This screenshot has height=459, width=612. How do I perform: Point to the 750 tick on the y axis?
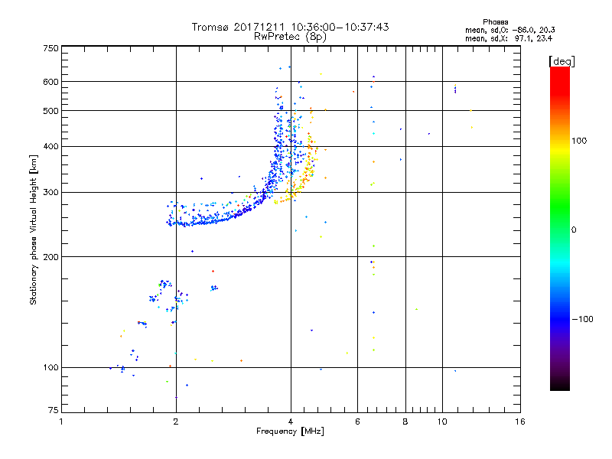tap(50, 48)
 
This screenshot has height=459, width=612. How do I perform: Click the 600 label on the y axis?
tap(50, 82)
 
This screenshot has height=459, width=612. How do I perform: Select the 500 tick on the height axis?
tap(50, 111)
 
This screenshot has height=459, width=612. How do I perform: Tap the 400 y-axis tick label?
tap(50, 147)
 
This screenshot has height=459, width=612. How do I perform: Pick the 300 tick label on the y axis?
tap(50, 192)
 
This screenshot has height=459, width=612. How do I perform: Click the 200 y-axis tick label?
tap(50, 256)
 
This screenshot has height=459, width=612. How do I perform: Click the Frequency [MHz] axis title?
tap(290, 431)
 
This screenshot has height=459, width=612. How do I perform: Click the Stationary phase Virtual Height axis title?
tap(34, 229)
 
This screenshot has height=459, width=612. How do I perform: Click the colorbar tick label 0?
tap(574, 229)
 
